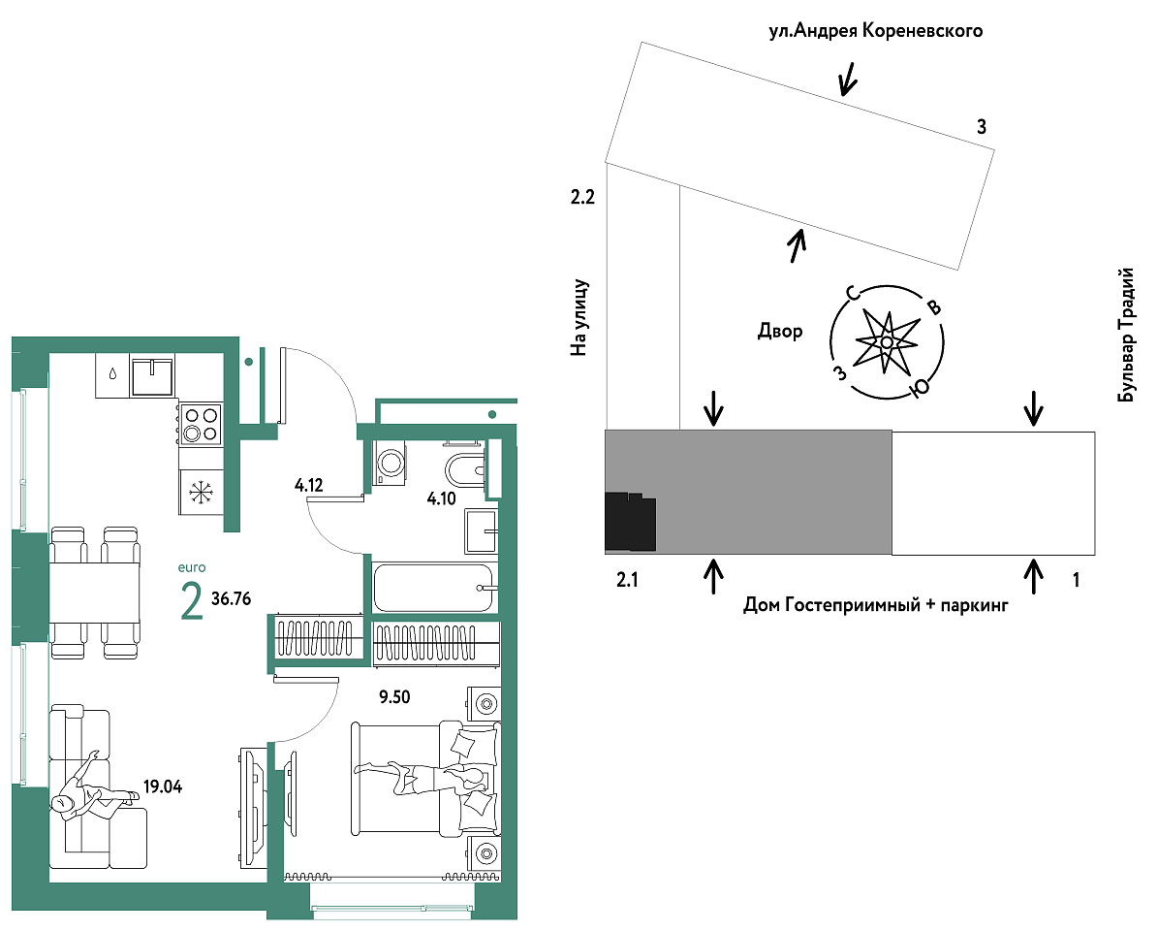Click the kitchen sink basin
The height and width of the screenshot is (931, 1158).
[152, 375]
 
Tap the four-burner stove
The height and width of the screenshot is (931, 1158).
[201, 424]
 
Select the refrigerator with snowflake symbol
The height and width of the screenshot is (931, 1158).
[201, 492]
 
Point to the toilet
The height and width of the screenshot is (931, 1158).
[465, 466]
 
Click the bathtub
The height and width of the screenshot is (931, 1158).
[434, 588]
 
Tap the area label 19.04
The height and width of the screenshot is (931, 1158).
[163, 787]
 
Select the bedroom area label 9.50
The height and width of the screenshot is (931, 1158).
[394, 696]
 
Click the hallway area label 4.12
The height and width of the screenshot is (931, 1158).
[309, 486]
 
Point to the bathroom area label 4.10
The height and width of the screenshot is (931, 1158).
[442, 498]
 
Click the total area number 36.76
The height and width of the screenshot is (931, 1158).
[232, 598]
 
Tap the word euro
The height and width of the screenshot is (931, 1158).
[192, 567]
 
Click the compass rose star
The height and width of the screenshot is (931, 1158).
[887, 341]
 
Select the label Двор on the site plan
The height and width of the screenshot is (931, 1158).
[780, 331]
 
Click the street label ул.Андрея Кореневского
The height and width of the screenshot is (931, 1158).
[876, 31]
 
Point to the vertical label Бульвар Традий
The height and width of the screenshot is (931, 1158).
[1125, 335]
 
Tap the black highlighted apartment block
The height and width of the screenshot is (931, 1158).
[630, 522]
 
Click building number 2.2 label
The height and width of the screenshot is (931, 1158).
[582, 197]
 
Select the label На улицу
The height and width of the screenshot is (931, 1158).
[579, 318]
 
